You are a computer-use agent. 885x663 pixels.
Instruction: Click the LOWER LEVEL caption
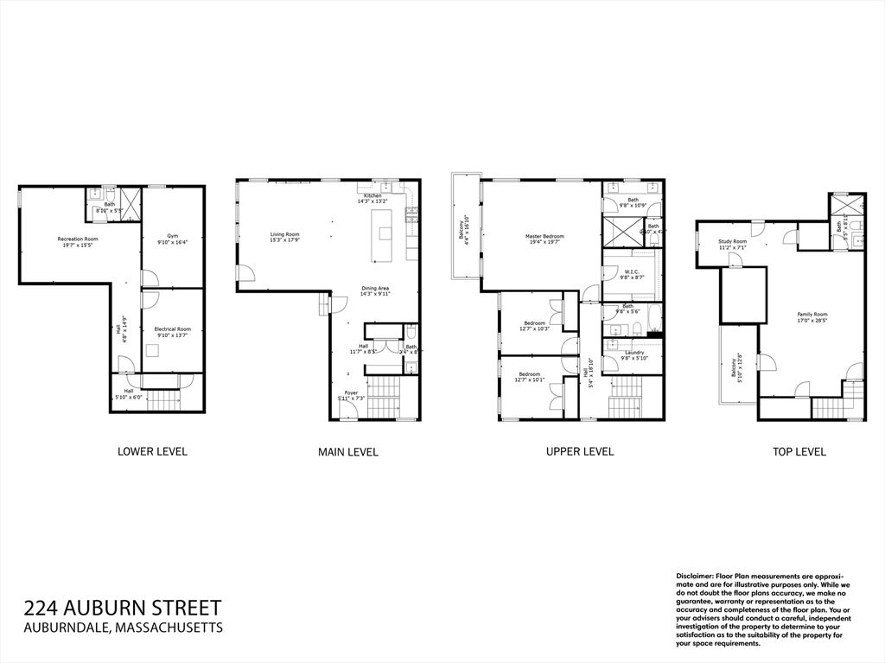tap(152, 451)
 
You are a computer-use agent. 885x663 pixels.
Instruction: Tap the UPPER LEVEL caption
tap(580, 451)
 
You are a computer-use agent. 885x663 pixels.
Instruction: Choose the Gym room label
tap(173, 239)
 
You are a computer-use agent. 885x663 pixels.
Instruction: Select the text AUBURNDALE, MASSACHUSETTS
tap(124, 628)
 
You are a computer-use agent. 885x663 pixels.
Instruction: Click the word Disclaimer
tap(694, 576)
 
